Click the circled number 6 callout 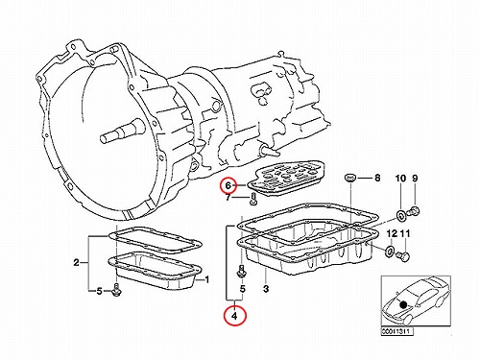click(228, 185)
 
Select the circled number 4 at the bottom click(235, 316)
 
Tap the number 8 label click(377, 178)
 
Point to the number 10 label click(400, 179)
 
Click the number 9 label click(415, 179)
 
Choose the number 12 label click(392, 234)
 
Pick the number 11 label click(405, 234)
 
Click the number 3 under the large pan click(266, 289)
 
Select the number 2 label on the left click(76, 263)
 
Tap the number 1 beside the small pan click(206, 280)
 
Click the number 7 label click(228, 198)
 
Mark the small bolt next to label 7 click(252, 198)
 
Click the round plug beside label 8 click(349, 178)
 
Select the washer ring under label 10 click(400, 216)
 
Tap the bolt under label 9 click(414, 211)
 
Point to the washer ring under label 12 click(389, 252)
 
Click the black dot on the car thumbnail click(403, 304)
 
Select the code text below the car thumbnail click(396, 332)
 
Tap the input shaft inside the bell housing click(124, 131)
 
